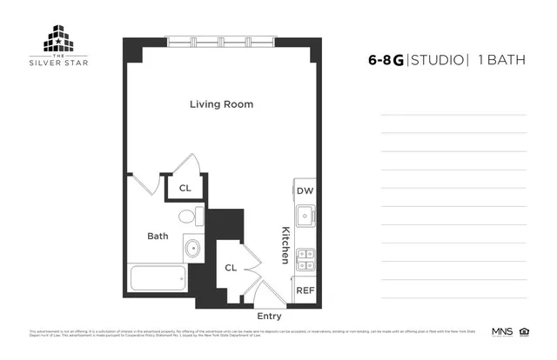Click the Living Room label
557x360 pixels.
[222, 104]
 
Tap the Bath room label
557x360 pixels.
[158, 236]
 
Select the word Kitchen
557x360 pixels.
[285, 245]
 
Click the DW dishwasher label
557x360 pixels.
[305, 191]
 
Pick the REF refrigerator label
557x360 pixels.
[305, 290]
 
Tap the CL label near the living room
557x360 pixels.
[185, 188]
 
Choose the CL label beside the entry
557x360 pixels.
[231, 268]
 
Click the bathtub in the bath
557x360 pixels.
[157, 279]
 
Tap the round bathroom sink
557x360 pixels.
[191, 250]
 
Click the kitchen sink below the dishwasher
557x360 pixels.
[305, 215]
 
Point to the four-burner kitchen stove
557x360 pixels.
[305, 257]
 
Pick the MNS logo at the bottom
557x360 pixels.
[503, 331]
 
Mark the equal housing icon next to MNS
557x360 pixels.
[524, 331]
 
